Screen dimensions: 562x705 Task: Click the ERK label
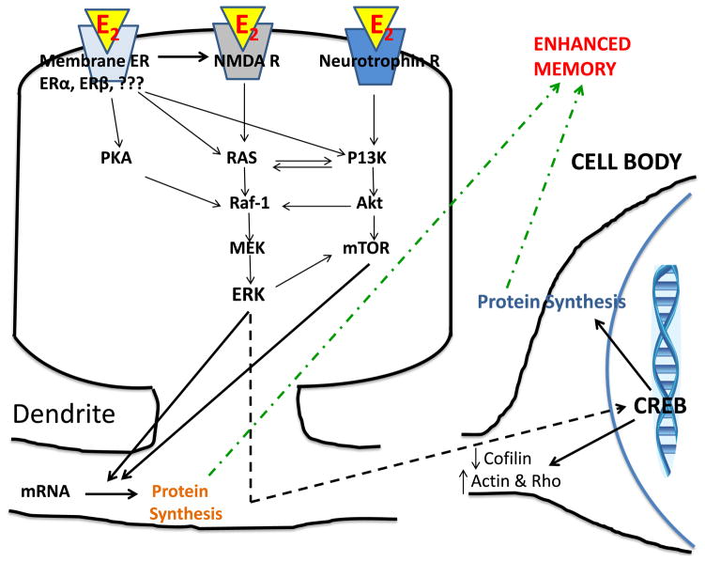pos(249,292)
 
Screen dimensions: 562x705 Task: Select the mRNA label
pos(41,491)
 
